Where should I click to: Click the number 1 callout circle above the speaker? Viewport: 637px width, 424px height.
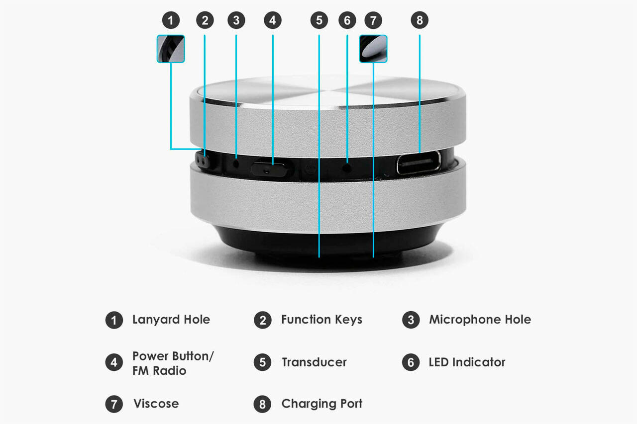click(171, 20)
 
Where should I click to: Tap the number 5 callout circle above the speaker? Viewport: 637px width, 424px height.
click(319, 20)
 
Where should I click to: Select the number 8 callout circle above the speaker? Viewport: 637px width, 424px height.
click(420, 20)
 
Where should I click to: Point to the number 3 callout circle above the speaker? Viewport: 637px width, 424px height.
click(236, 20)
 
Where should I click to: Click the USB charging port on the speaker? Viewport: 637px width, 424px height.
click(419, 163)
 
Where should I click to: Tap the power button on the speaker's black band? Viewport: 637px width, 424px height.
click(269, 169)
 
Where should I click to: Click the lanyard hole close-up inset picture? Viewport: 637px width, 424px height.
click(171, 49)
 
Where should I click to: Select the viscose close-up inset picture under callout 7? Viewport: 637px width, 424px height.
click(373, 49)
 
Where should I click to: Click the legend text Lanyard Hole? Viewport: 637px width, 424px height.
click(171, 320)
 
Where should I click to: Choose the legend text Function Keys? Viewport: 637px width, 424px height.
click(321, 320)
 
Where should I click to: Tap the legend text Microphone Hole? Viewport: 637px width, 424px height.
click(480, 320)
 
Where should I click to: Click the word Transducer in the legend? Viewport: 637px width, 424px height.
click(314, 362)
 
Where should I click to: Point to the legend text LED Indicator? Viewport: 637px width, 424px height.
click(467, 362)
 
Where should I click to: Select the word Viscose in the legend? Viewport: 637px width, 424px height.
click(156, 404)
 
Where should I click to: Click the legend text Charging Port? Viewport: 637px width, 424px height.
click(322, 404)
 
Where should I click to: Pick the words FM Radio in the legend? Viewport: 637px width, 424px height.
click(159, 371)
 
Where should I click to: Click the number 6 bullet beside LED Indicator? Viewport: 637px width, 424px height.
click(411, 362)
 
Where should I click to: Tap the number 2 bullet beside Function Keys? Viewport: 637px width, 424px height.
click(262, 320)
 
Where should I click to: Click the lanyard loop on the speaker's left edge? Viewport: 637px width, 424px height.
click(202, 161)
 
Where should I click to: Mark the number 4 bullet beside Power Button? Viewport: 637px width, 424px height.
click(114, 362)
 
